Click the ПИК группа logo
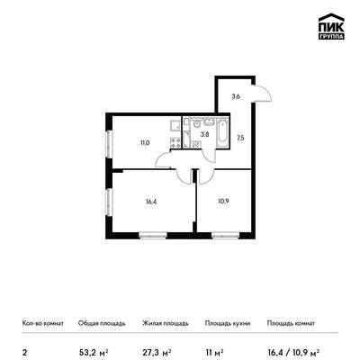(331, 27)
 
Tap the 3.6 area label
(235, 96)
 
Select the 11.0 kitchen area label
(145, 143)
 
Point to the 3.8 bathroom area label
(205, 134)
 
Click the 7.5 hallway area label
(240, 139)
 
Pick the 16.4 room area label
(151, 202)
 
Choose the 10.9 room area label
(223, 202)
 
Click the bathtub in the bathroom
(222, 134)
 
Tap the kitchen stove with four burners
(175, 142)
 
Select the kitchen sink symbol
(175, 125)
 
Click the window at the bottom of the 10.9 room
(225, 236)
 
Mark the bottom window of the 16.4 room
(153, 236)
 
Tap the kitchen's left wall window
(109, 144)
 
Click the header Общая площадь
(102, 323)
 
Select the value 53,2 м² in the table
(94, 351)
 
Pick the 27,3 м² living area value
(157, 351)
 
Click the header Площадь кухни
(228, 323)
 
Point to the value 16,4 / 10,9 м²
(293, 351)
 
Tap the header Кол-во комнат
(43, 323)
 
